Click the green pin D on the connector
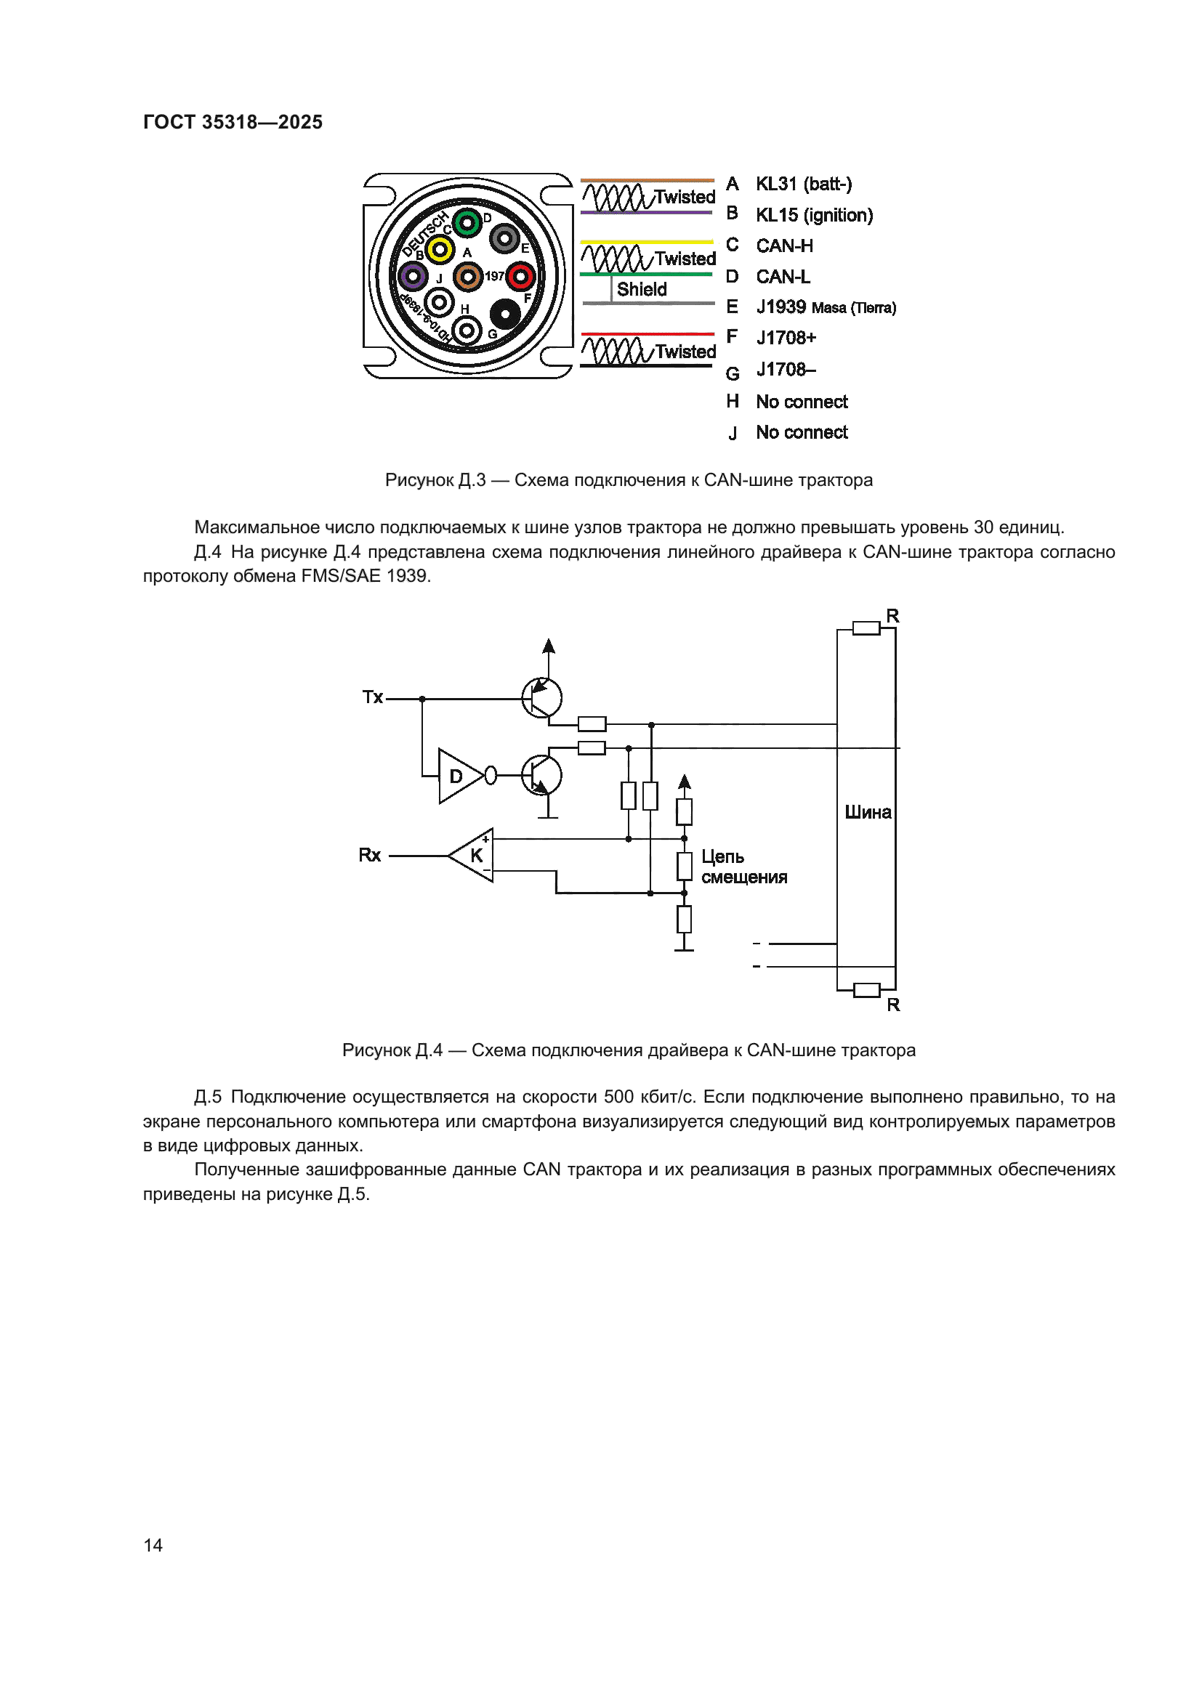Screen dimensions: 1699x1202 click(467, 222)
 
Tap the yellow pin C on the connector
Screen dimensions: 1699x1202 click(440, 249)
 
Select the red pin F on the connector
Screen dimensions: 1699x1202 click(520, 276)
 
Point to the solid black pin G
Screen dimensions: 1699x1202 click(505, 315)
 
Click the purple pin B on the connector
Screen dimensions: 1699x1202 click(412, 276)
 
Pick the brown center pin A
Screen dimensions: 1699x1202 click(467, 276)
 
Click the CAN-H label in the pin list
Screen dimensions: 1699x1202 click(784, 246)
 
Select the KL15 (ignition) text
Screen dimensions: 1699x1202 click(813, 215)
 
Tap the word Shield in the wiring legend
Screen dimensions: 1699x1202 click(641, 289)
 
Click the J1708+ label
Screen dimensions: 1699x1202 click(786, 338)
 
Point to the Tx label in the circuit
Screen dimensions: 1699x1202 click(372, 697)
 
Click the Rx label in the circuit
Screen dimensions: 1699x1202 click(369, 856)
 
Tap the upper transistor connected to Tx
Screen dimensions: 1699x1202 click(542, 697)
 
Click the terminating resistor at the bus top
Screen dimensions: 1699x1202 click(866, 628)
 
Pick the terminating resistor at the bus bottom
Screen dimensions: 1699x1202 click(866, 990)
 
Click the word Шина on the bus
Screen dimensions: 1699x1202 click(868, 813)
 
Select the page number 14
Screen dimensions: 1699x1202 click(153, 1545)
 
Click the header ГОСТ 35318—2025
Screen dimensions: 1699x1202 click(233, 122)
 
